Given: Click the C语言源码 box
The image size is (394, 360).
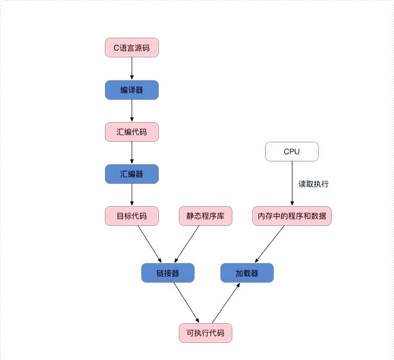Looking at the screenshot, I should [x=132, y=48].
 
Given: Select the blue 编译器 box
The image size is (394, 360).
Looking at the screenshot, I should [x=132, y=90].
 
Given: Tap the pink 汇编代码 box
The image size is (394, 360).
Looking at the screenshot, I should [x=132, y=132].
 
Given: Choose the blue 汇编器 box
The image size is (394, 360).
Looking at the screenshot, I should [x=132, y=174].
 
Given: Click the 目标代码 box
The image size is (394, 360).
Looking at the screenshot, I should [x=132, y=216].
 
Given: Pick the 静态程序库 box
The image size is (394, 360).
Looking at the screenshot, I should [x=205, y=216].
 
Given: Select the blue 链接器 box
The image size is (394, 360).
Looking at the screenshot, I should [x=167, y=273].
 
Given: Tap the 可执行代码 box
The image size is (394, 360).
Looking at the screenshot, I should [x=205, y=333].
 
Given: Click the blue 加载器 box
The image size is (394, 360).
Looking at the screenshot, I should [x=247, y=273].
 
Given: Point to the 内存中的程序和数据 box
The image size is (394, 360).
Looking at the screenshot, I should [x=291, y=216].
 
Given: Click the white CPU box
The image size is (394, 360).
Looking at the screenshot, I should [x=291, y=151].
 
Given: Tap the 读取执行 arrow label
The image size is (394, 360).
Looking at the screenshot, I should [x=314, y=184].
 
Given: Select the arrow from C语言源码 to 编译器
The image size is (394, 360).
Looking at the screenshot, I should [x=132, y=68].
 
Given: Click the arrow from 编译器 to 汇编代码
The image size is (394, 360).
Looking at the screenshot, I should [x=132, y=111].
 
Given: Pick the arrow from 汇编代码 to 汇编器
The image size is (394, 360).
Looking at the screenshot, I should [x=132, y=153].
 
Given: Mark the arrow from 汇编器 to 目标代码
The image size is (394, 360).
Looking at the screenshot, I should [x=132, y=195].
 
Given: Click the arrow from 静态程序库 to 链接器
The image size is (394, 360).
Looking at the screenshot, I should [x=187, y=244].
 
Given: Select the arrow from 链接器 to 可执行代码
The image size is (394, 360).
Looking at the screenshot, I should [x=186, y=302].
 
